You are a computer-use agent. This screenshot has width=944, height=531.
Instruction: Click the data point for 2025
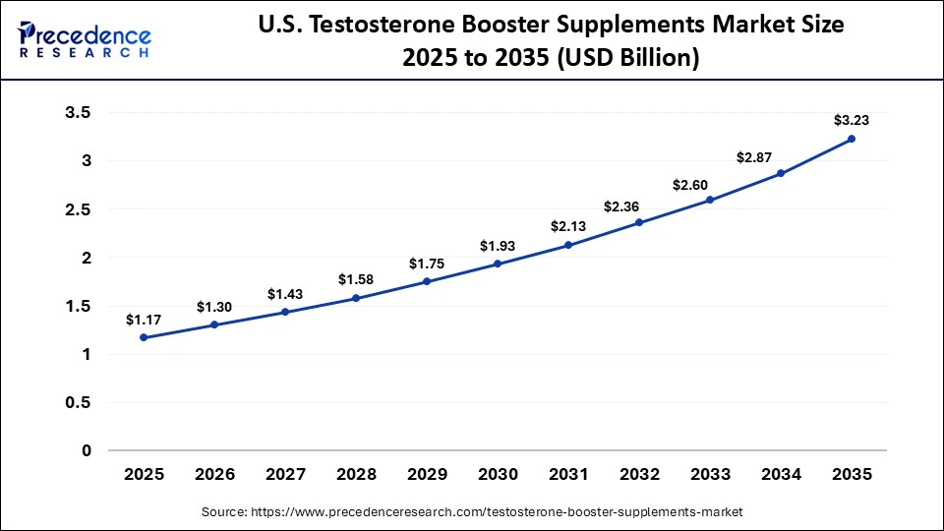(x=144, y=337)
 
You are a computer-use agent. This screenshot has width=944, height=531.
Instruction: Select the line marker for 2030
(x=498, y=264)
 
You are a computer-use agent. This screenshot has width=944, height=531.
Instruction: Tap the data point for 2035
(x=852, y=139)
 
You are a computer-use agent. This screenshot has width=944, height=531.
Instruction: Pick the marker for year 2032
(x=639, y=222)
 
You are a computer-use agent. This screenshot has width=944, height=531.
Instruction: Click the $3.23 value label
(x=852, y=120)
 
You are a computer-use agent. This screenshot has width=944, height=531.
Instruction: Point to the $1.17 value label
(x=144, y=320)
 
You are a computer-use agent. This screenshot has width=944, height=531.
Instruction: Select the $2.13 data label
(x=568, y=226)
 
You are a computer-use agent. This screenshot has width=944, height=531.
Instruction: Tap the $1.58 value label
(x=356, y=279)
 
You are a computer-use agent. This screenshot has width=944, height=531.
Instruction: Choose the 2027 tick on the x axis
(x=285, y=474)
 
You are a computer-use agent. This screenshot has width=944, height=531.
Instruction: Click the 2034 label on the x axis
(x=781, y=474)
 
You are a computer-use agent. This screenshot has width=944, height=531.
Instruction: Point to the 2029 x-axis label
(x=427, y=474)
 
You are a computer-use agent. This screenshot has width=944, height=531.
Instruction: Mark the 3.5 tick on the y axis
(x=78, y=113)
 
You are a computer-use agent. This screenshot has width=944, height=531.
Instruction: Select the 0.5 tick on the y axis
(x=78, y=402)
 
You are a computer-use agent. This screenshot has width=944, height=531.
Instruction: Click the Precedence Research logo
(x=85, y=39)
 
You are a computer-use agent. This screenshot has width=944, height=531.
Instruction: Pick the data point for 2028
(x=356, y=298)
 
